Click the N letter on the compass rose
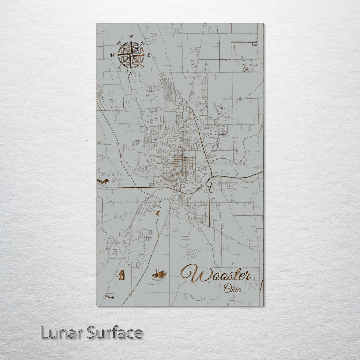(x=131, y=36)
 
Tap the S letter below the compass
(x=131, y=73)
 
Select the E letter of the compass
(x=149, y=55)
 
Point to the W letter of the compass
(x=112, y=55)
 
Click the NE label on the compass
(x=143, y=43)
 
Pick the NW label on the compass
(x=119, y=43)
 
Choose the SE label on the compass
(x=143, y=67)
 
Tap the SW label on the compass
(x=119, y=67)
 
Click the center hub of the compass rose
(x=131, y=55)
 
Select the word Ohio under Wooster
(x=233, y=288)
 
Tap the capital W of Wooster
(x=192, y=273)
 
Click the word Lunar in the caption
(x=62, y=333)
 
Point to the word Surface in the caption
(x=115, y=333)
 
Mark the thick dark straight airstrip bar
(x=244, y=42)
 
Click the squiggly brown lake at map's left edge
(x=103, y=182)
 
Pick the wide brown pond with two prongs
(x=159, y=275)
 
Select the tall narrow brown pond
(x=122, y=275)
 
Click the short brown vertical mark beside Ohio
(x=261, y=285)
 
